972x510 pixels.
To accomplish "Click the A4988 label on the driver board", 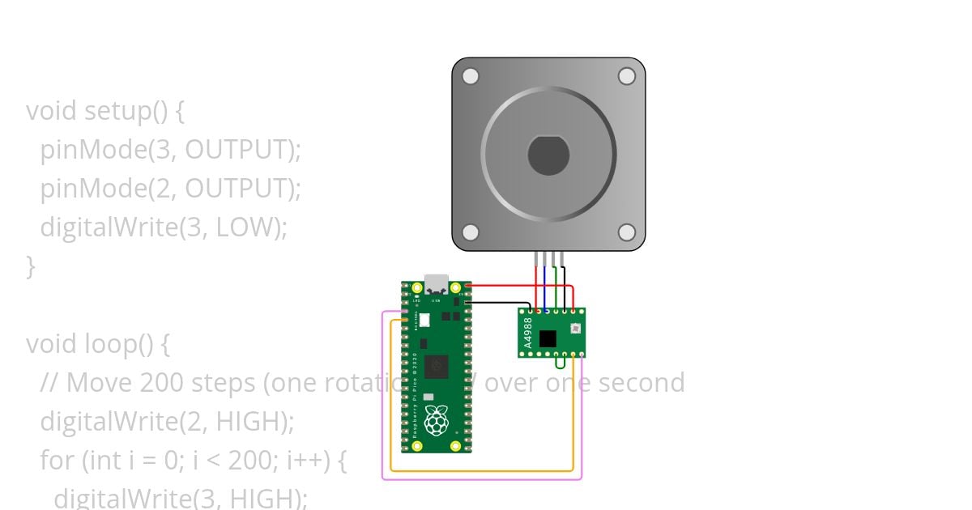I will [x=528, y=333].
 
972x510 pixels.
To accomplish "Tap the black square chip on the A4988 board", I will [x=548, y=338].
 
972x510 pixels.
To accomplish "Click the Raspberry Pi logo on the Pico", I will [x=437, y=421].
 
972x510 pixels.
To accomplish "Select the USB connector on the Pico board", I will [x=437, y=284].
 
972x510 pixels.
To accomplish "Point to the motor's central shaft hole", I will [x=548, y=155].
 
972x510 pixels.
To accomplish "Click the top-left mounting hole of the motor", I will [x=471, y=76].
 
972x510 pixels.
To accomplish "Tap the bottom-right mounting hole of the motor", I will [x=626, y=232].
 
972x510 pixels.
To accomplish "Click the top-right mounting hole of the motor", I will [x=626, y=76].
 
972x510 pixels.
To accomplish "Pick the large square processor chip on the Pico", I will [x=437, y=367].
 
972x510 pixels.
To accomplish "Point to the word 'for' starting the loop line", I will [x=57, y=460].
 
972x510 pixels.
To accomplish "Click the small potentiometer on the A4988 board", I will [x=574, y=329].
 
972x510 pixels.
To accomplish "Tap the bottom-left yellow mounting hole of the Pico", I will [x=417, y=445].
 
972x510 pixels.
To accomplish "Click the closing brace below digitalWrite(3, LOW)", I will [x=31, y=266].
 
